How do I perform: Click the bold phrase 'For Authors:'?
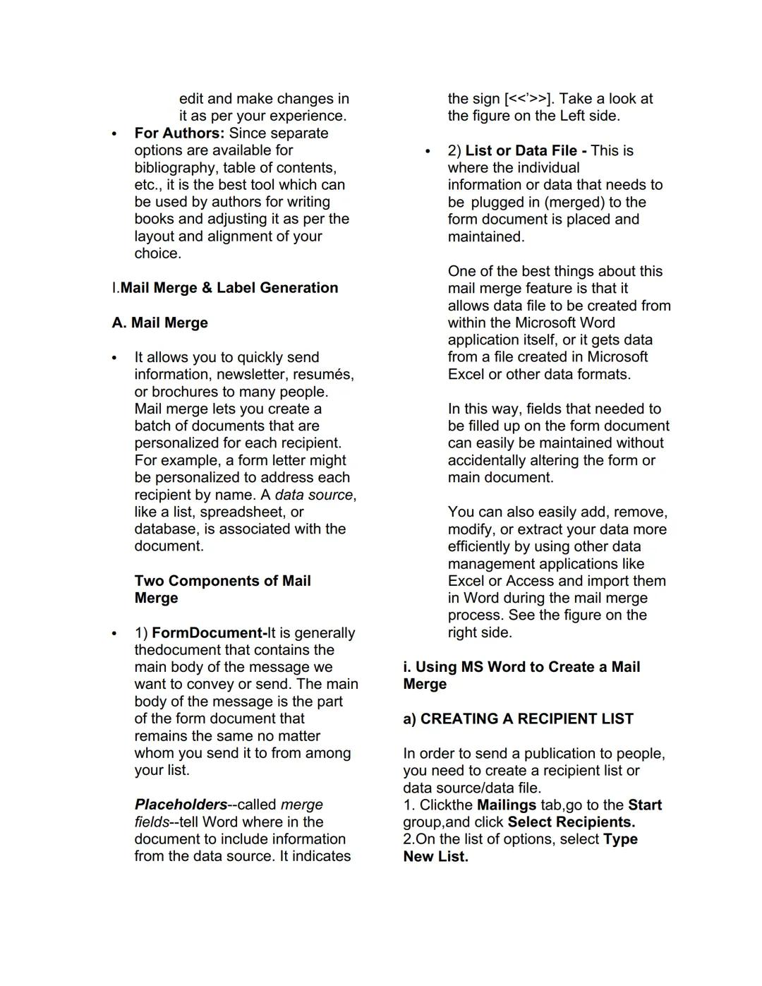(179, 133)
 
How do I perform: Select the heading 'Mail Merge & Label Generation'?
(229, 288)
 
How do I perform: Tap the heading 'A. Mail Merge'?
(159, 323)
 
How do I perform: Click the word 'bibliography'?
(176, 168)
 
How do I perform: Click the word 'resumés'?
(324, 375)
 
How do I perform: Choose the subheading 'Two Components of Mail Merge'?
(222, 589)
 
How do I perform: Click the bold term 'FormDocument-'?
(209, 633)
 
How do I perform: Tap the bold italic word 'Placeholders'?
(181, 805)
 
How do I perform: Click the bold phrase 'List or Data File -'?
(526, 150)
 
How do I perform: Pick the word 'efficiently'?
(482, 546)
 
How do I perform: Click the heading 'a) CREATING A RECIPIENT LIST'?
(518, 719)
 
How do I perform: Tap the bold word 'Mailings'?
(507, 805)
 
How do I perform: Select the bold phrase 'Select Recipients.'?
(571, 822)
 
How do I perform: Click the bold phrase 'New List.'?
(435, 857)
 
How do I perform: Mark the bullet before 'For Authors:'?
(113, 134)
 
